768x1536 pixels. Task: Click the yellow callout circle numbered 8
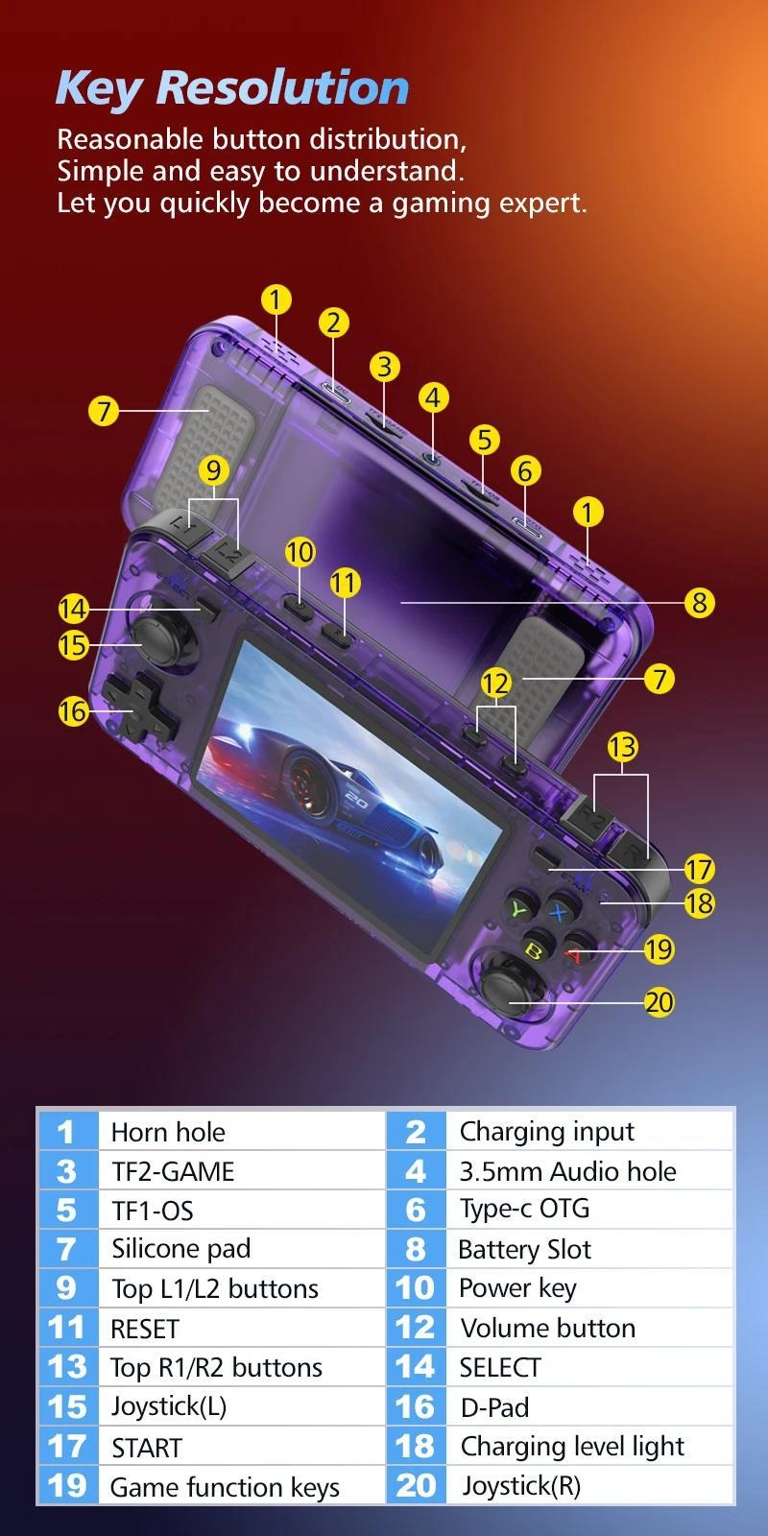(x=699, y=603)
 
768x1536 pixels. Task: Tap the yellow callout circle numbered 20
(x=659, y=1002)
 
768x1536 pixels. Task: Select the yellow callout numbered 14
(x=73, y=609)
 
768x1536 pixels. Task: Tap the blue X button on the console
(x=561, y=909)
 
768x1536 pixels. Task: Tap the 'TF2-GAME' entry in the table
(x=173, y=1171)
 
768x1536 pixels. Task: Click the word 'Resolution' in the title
(x=283, y=87)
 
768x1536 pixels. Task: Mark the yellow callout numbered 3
(x=385, y=366)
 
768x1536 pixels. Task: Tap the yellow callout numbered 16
(x=73, y=711)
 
